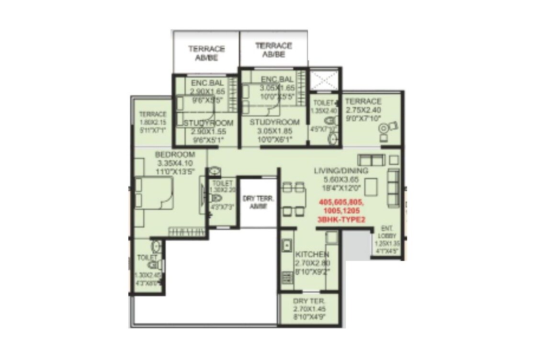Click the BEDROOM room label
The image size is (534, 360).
(175, 155)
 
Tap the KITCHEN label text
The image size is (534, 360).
(312, 254)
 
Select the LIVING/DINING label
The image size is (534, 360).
(341, 171)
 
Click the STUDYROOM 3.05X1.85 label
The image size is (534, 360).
(274, 123)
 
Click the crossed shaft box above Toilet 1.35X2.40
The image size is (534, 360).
(324, 80)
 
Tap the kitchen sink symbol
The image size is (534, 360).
(286, 246)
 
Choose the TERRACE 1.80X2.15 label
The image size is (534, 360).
(152, 114)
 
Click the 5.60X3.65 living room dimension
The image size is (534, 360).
(341, 179)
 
